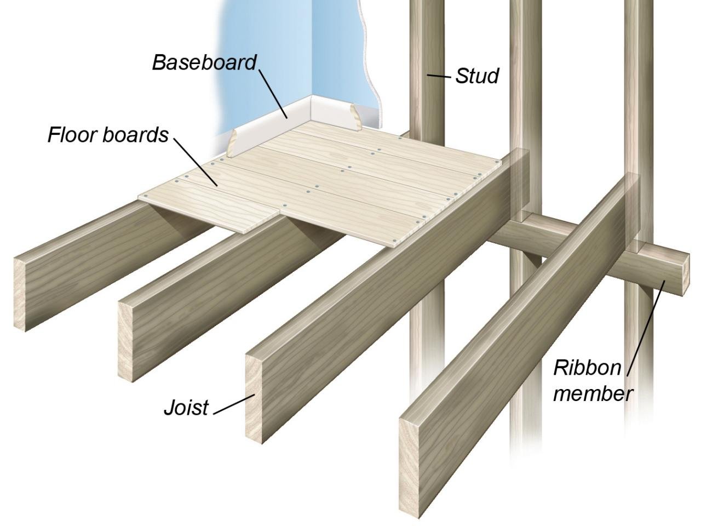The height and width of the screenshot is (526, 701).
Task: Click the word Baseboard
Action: (204, 62)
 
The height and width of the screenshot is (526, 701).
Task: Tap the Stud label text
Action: (476, 76)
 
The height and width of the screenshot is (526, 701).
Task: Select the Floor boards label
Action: (108, 134)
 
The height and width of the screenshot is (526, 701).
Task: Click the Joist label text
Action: (186, 408)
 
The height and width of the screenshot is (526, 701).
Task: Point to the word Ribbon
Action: (587, 368)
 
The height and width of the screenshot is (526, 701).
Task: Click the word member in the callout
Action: (593, 393)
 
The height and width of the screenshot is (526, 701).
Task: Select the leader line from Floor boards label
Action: (197, 162)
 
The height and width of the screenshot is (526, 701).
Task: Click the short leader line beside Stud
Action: (439, 76)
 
